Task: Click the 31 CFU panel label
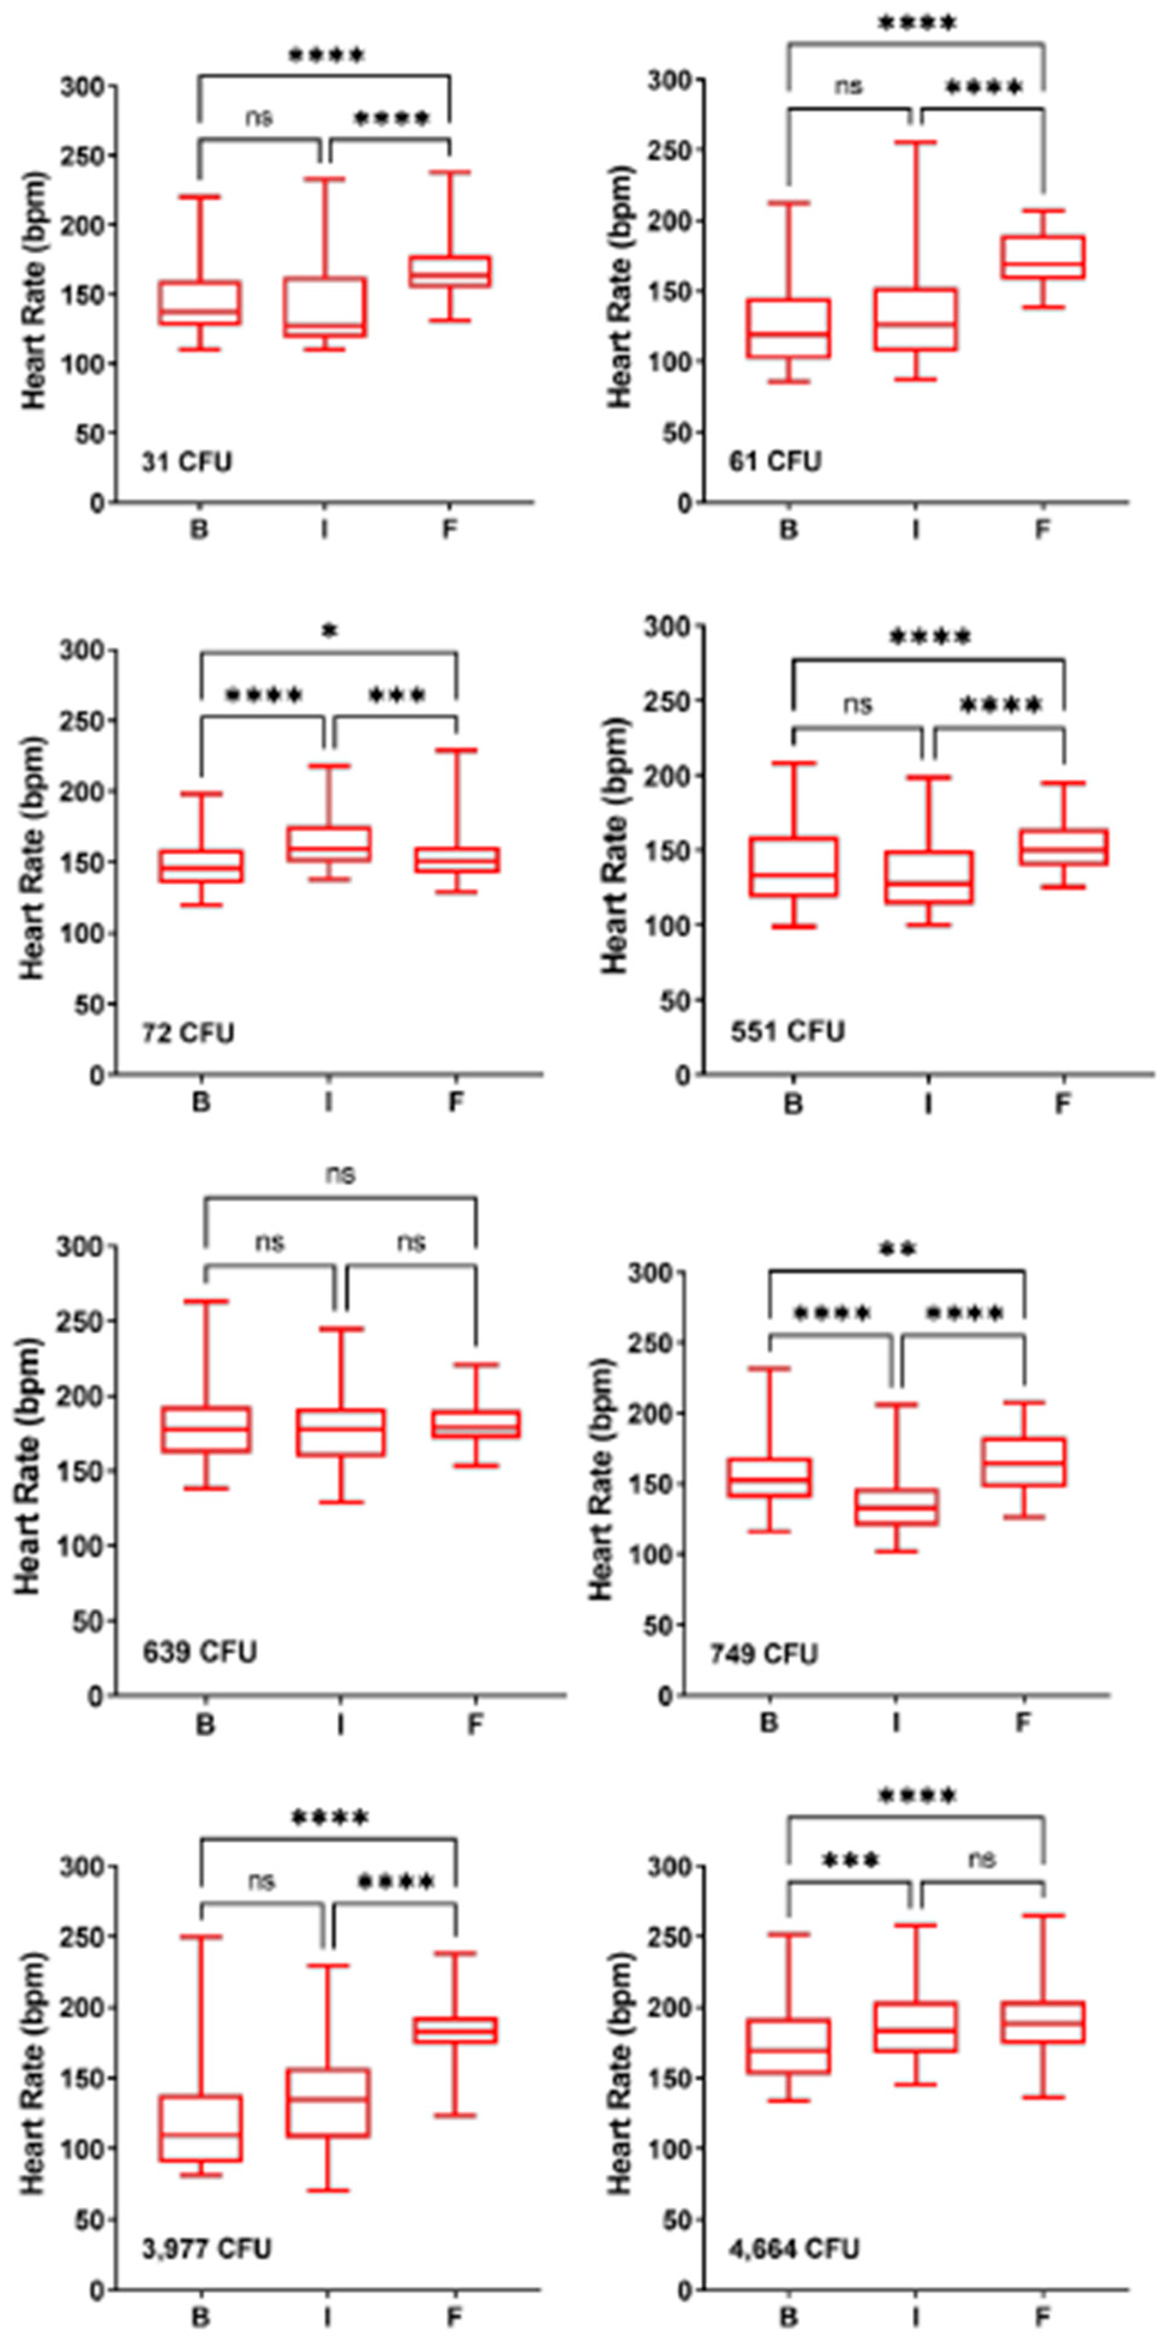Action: click(186, 462)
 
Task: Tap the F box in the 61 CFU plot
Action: click(1043, 257)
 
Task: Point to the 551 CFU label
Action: click(788, 1031)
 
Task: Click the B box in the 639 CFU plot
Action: click(206, 1430)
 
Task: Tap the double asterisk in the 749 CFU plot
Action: click(897, 1250)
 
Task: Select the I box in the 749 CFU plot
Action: click(897, 1507)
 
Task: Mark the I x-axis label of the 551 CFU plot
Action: click(927, 1103)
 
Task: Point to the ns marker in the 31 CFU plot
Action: click(259, 116)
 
